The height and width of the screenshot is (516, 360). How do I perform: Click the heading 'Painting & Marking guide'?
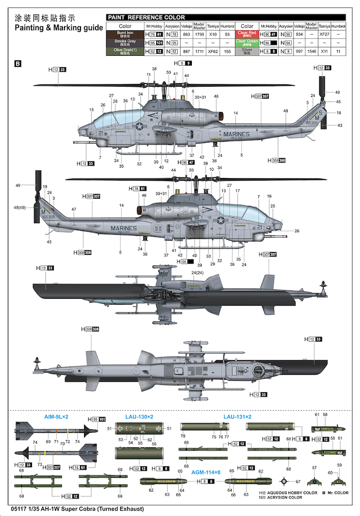(59, 28)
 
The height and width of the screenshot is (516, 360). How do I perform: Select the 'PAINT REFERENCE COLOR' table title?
(146, 18)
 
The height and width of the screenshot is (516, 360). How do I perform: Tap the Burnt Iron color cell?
(125, 34)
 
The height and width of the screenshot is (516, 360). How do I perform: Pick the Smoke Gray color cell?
(125, 42)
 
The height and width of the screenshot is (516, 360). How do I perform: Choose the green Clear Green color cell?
(247, 42)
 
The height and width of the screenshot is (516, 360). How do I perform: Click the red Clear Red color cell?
(247, 34)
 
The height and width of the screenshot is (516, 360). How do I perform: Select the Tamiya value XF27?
(324, 34)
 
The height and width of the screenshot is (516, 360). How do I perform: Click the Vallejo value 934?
(299, 34)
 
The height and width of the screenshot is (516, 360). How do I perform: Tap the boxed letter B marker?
(18, 64)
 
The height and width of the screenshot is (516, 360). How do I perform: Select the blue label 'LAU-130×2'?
(139, 416)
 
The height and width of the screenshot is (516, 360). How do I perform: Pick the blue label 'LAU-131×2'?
(237, 416)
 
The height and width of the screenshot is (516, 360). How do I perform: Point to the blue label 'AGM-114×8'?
(206, 472)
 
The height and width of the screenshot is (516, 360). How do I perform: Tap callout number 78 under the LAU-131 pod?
(183, 436)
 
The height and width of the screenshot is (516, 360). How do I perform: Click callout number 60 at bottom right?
(330, 473)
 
